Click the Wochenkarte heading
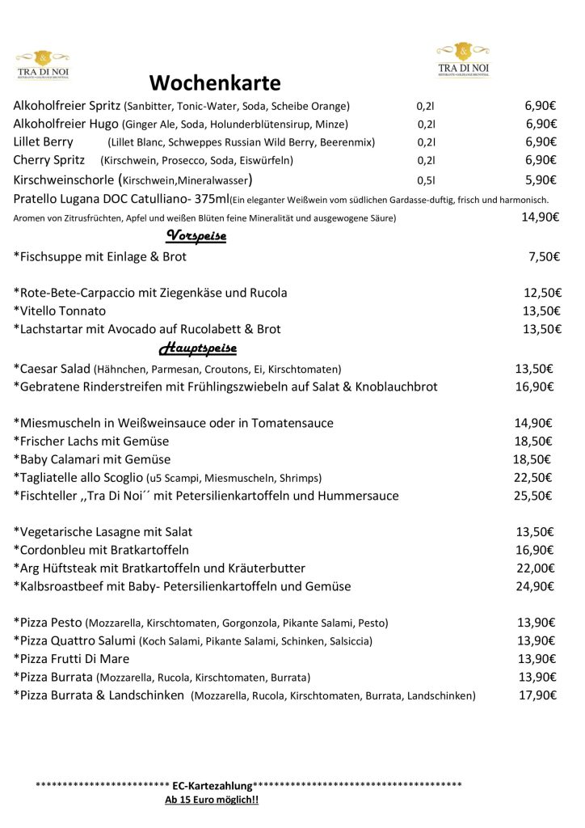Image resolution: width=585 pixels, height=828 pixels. click(215, 83)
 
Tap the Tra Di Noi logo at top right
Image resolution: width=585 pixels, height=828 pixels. click(463, 59)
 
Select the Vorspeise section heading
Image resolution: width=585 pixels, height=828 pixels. click(196, 235)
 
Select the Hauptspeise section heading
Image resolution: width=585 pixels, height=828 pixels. click(198, 349)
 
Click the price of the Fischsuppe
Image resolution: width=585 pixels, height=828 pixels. click(544, 256)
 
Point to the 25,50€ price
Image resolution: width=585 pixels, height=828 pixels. click(532, 495)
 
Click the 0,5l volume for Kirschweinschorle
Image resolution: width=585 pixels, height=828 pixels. click(426, 180)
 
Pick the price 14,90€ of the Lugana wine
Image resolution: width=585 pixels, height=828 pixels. click(541, 217)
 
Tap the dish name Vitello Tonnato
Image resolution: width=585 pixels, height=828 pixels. click(60, 310)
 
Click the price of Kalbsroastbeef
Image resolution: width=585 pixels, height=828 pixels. click(535, 586)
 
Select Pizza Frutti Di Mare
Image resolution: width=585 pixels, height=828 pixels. click(71, 658)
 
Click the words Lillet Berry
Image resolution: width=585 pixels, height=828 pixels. click(44, 142)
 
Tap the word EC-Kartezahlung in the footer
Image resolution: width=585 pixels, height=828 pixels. click(212, 785)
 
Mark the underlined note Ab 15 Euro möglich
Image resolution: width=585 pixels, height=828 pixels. click(212, 800)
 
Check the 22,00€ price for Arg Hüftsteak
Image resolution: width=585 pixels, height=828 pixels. click(535, 568)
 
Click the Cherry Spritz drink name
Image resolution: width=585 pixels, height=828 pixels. click(49, 160)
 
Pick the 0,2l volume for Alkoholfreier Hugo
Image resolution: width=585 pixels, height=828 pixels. click(427, 124)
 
